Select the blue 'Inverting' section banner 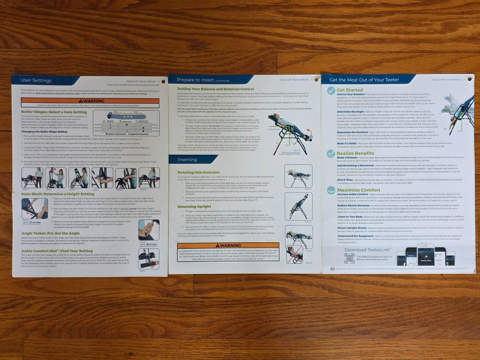pyautogui.click(x=187, y=159)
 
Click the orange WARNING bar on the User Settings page pyautogui.click(x=90, y=101)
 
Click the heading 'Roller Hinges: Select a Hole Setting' pyautogui.click(x=54, y=112)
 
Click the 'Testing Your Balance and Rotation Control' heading pyautogui.click(x=215, y=89)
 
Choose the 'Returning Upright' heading pyautogui.click(x=194, y=206)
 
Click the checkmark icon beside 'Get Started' pyautogui.click(x=331, y=91)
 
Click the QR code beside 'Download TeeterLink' pyautogui.click(x=349, y=258)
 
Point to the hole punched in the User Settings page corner pyautogui.click(x=163, y=82)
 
